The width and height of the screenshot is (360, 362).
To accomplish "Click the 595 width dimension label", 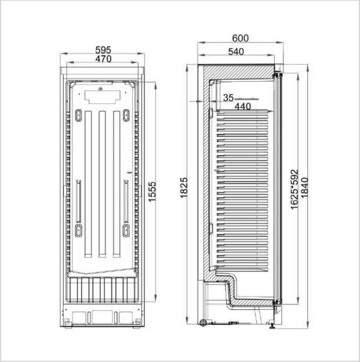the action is click(x=103, y=50).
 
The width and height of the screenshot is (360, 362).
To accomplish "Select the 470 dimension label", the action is click(x=103, y=59).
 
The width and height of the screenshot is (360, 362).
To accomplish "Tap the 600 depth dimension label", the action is click(x=240, y=38).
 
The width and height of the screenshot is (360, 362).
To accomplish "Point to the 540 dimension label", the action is click(x=236, y=52).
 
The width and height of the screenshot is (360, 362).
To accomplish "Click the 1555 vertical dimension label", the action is click(x=152, y=192).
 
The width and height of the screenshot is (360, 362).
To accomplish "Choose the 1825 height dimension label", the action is click(x=184, y=188).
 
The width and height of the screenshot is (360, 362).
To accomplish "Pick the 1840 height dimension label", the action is click(x=304, y=187).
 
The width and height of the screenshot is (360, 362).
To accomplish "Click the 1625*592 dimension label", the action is click(x=295, y=190).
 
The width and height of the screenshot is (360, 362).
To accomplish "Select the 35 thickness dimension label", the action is click(x=229, y=98).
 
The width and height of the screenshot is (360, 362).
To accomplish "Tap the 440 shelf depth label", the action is click(x=243, y=107).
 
